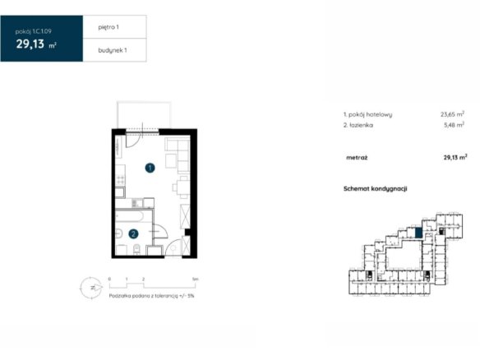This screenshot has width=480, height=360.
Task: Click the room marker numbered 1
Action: (150, 168)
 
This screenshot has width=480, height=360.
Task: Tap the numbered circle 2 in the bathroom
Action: (133, 234)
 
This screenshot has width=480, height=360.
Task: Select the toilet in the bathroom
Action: (136, 249)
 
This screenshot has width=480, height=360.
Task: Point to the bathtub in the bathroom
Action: (130, 216)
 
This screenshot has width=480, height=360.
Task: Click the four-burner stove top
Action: (120, 180)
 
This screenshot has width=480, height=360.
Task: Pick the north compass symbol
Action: (91, 288)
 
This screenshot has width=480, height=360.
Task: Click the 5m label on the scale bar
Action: (195, 279)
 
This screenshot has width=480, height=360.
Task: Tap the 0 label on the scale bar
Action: (109, 279)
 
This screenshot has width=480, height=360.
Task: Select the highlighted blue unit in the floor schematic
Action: (418, 233)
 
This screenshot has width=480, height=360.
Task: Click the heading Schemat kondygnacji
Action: (376, 188)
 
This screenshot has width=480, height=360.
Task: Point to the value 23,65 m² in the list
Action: (452, 114)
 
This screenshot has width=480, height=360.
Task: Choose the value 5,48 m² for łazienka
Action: (454, 125)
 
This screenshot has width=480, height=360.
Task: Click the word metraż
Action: (357, 158)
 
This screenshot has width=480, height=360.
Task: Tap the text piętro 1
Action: (108, 27)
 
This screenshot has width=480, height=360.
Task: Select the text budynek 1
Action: (113, 50)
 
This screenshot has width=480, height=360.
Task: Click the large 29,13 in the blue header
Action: (30, 44)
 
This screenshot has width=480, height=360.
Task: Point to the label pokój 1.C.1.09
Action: (34, 31)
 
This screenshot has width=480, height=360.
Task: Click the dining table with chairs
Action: (181, 187)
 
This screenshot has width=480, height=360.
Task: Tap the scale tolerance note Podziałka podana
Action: (151, 296)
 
